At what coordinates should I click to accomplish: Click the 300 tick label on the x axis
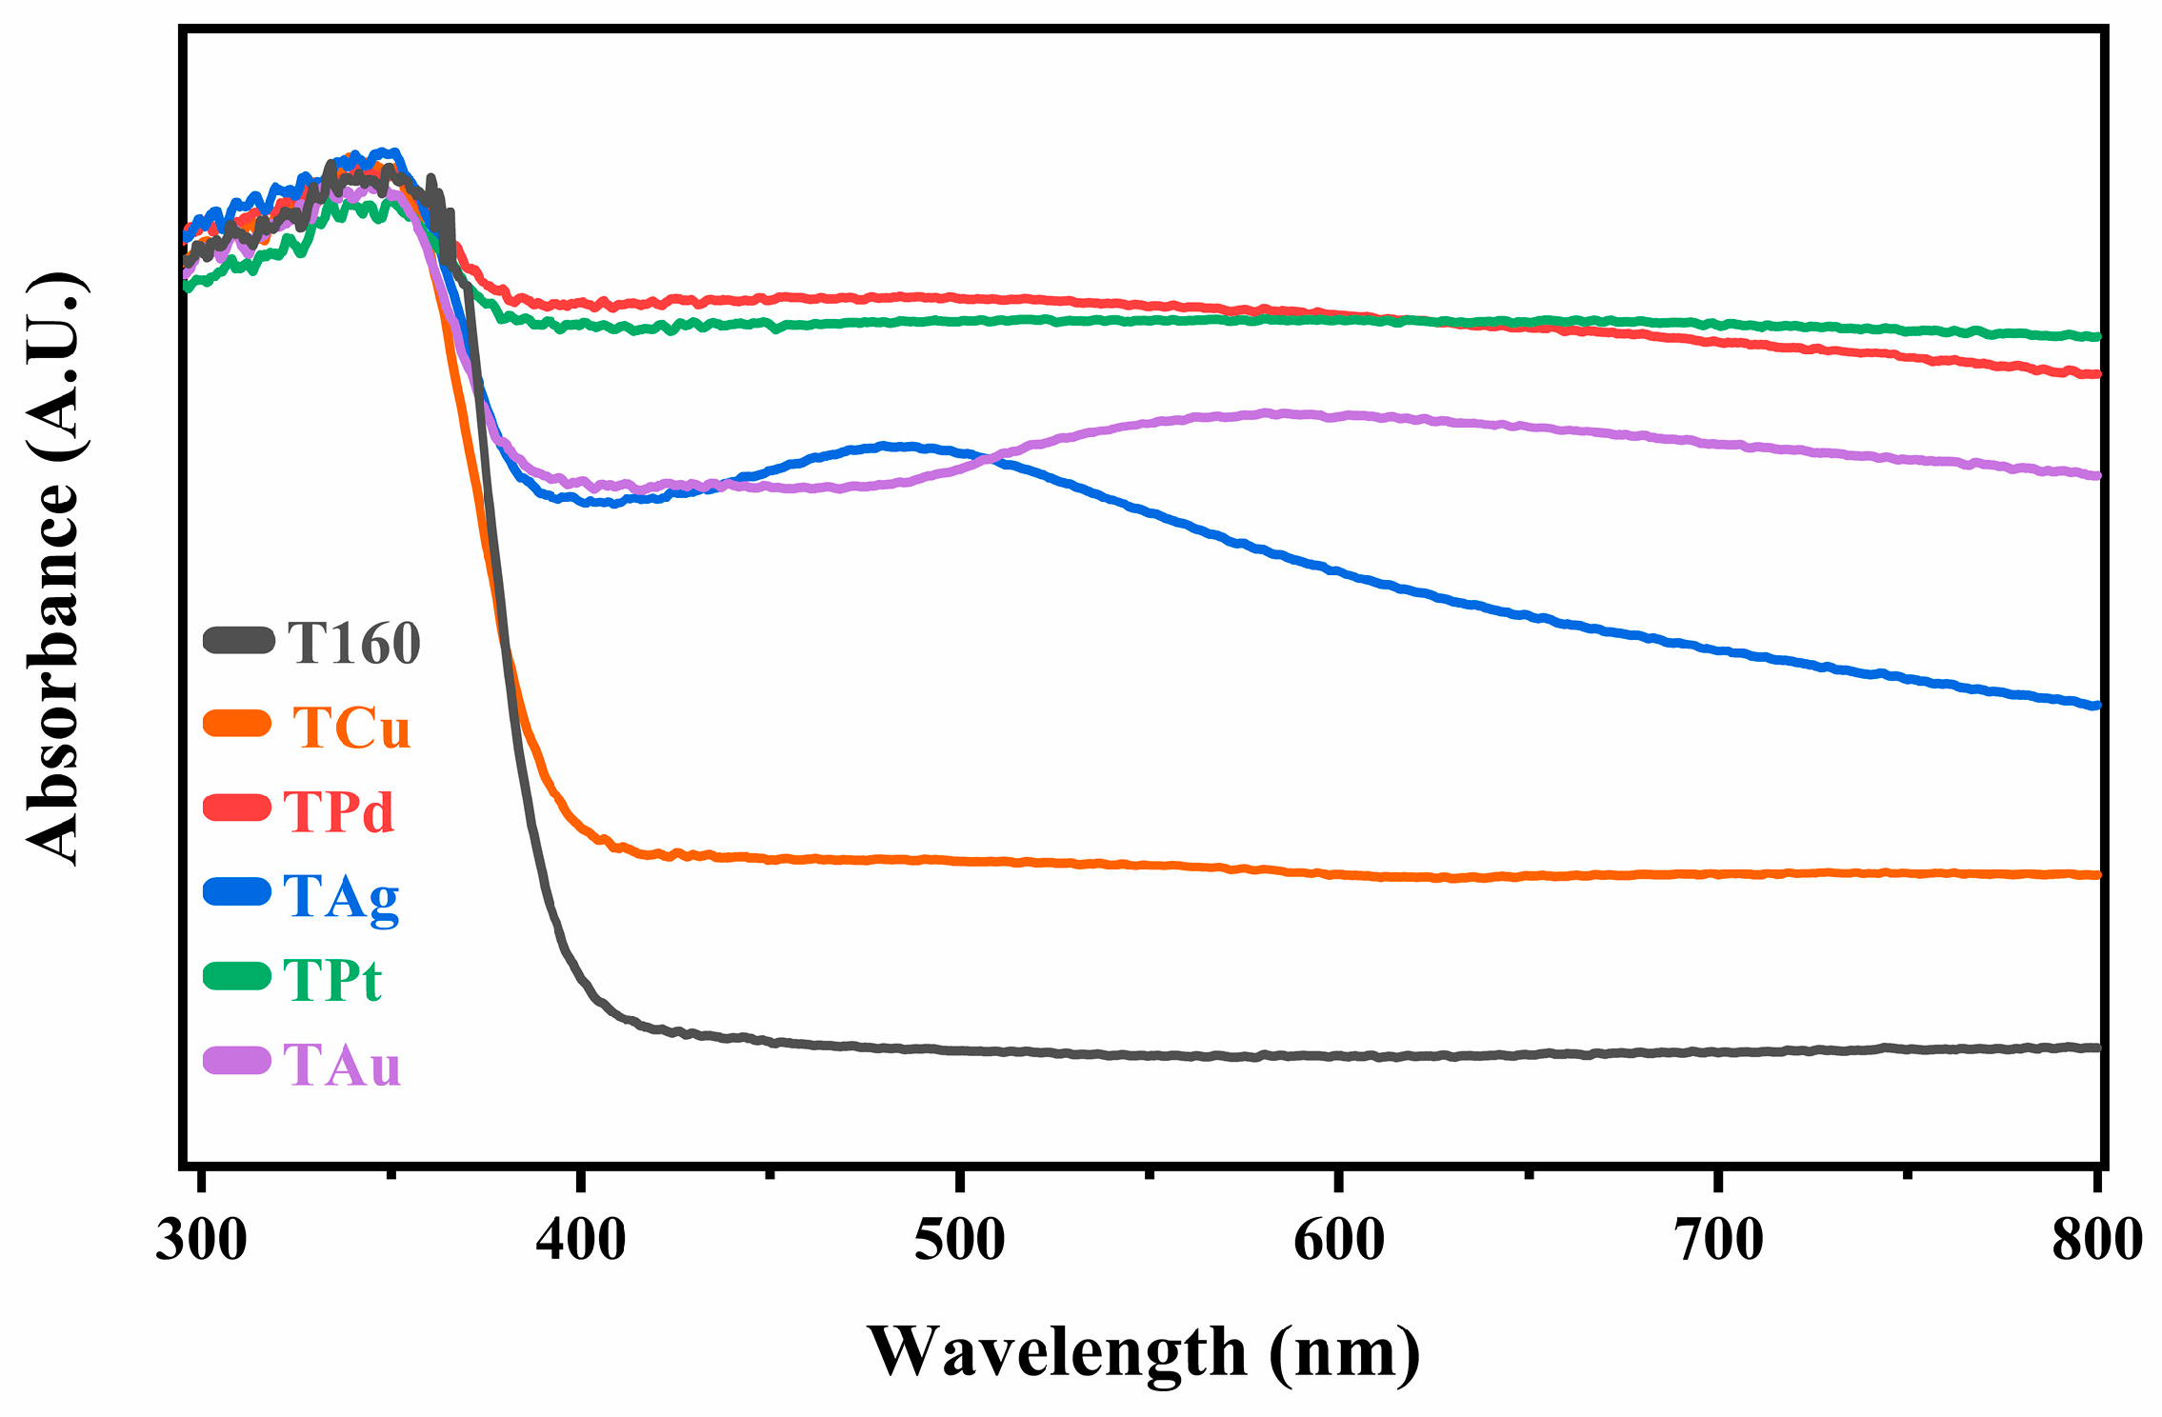[x=201, y=1240]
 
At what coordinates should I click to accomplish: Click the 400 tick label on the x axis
[x=580, y=1240]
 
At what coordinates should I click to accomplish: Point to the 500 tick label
[x=959, y=1240]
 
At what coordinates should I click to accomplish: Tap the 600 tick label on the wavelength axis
[x=1338, y=1240]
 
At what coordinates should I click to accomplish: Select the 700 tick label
[x=1718, y=1240]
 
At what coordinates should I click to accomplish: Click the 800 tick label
[x=2097, y=1240]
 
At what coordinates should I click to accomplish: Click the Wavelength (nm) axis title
[x=1143, y=1352]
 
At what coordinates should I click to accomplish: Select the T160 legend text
[x=354, y=644]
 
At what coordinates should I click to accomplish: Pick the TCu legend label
[x=351, y=728]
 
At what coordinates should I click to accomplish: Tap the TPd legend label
[x=338, y=812]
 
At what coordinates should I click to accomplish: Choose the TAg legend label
[x=341, y=897]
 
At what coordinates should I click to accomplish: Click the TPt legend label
[x=332, y=981]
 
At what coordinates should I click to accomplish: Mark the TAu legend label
[x=342, y=1065]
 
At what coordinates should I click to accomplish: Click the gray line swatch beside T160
[x=238, y=640]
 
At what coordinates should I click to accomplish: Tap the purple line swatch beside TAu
[x=238, y=1060]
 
